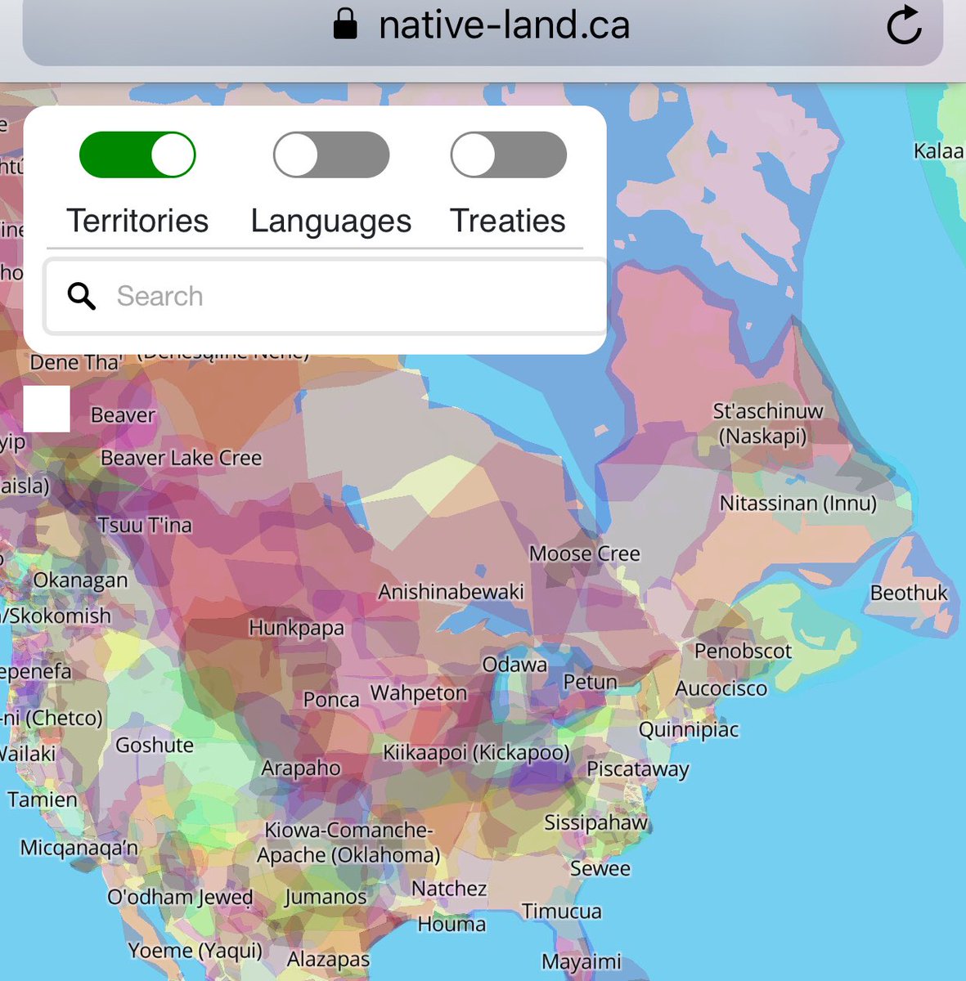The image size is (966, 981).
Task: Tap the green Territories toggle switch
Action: (x=137, y=155)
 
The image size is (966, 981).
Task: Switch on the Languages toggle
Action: (x=331, y=155)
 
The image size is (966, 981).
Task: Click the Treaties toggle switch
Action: (x=508, y=155)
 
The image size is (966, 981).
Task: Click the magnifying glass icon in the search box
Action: (x=82, y=296)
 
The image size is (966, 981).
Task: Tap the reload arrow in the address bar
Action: (x=904, y=26)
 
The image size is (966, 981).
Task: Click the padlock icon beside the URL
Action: (x=345, y=25)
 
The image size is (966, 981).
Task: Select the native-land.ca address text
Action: (x=504, y=25)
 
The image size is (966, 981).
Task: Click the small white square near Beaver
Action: (x=47, y=409)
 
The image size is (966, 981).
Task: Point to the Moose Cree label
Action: (x=584, y=554)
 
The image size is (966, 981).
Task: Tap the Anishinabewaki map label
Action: (x=451, y=591)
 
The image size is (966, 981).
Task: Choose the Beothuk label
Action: (x=908, y=593)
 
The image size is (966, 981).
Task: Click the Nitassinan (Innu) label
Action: (x=798, y=503)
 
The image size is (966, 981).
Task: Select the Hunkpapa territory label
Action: (x=296, y=629)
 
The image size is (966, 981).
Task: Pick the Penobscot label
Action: (x=743, y=652)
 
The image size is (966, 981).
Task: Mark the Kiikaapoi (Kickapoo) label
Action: (x=476, y=752)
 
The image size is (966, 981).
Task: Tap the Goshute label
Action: (x=155, y=745)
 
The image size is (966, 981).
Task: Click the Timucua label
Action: (x=561, y=911)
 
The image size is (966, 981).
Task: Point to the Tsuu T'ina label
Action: (x=145, y=525)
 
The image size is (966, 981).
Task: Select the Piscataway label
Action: (x=637, y=769)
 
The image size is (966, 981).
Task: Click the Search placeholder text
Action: (x=160, y=296)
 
